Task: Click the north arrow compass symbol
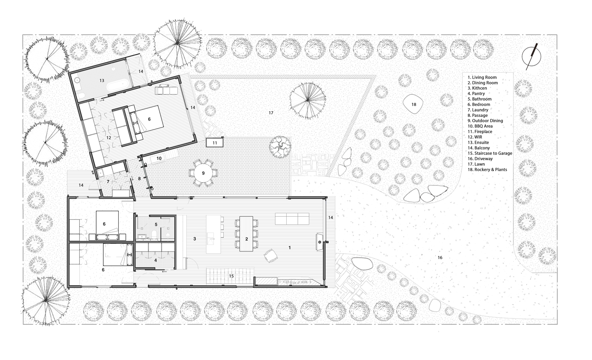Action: (531, 57)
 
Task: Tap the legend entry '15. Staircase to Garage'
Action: (490, 153)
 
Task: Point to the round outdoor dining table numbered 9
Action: (203, 173)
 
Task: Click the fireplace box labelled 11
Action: (214, 143)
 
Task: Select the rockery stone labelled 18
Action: (413, 104)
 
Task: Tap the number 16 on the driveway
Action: (440, 257)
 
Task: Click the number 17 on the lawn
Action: (271, 113)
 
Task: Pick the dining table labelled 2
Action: (246, 234)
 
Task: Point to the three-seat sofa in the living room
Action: (292, 219)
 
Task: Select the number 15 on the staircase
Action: (231, 276)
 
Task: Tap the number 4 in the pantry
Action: (155, 260)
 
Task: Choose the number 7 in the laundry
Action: (108, 181)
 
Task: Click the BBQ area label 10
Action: (159, 158)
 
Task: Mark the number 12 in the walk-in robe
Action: (109, 138)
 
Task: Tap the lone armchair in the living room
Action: (271, 256)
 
